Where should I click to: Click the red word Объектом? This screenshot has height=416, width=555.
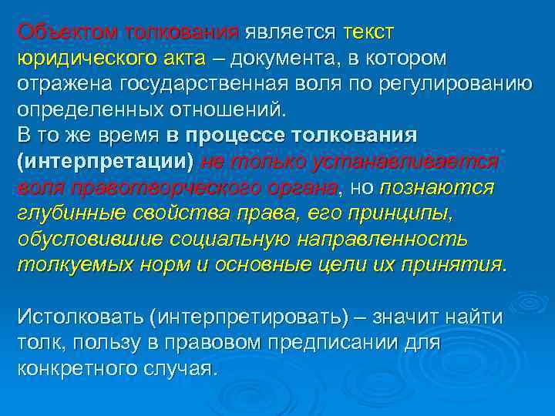point(65,33)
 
